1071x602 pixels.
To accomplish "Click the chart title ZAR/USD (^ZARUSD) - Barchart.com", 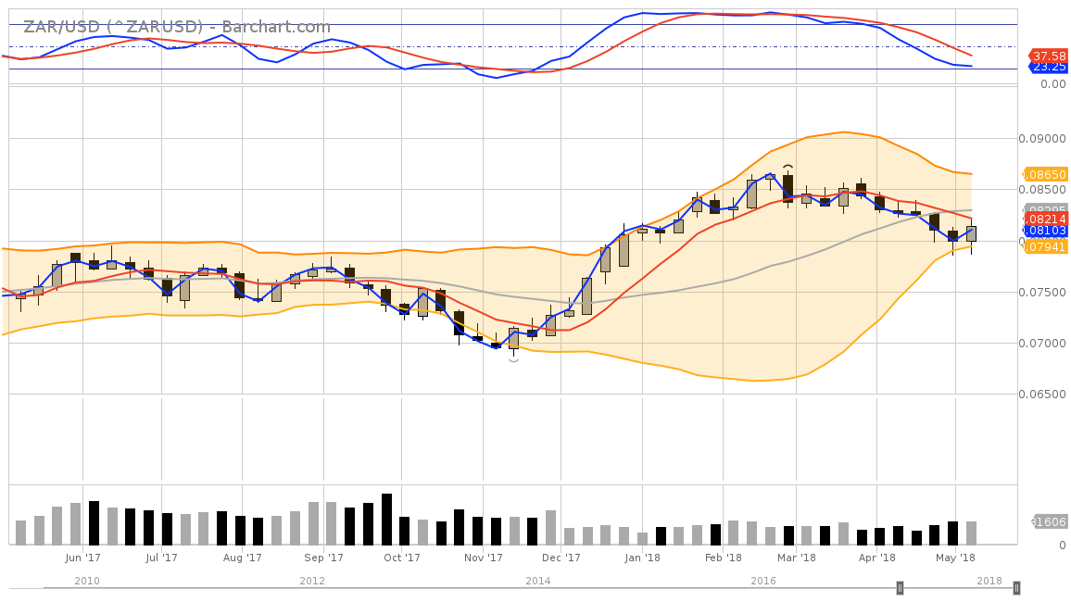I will [x=176, y=27].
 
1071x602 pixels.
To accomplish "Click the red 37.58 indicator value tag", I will [x=1049, y=56].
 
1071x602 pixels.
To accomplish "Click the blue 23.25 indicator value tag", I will [x=1049, y=67].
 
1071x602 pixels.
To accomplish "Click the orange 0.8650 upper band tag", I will [x=1045, y=174].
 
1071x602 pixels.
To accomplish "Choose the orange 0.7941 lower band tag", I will [x=1045, y=246].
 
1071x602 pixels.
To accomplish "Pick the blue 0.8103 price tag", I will [x=1045, y=230].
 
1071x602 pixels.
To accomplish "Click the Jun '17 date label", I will [x=83, y=558].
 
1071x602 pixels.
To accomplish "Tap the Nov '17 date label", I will [x=484, y=558].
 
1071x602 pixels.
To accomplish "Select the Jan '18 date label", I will [x=642, y=558].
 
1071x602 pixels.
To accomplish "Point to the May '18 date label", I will [x=955, y=558].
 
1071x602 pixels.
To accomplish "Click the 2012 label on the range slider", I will [x=312, y=581].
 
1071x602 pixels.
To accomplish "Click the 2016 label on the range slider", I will [x=763, y=581].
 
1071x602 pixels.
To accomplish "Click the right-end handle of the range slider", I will [x=1016, y=588].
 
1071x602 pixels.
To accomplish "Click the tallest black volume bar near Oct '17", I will [x=386, y=519].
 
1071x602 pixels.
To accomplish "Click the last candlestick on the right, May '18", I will [x=971, y=233].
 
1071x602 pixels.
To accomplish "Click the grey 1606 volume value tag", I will [x=1049, y=522].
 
